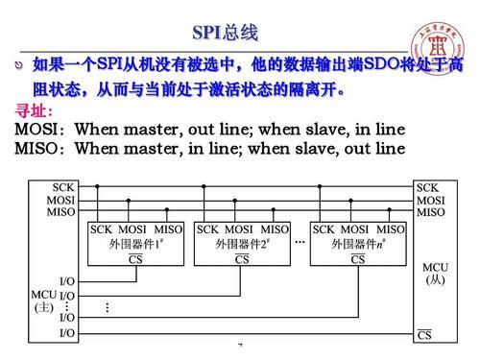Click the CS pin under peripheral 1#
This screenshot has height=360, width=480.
(136, 259)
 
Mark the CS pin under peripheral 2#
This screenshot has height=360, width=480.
(242, 259)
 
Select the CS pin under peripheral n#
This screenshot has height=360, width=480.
(358, 259)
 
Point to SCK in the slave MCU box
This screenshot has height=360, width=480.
(428, 186)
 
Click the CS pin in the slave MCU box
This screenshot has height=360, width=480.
(425, 334)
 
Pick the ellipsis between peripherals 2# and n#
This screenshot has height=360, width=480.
(300, 241)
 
